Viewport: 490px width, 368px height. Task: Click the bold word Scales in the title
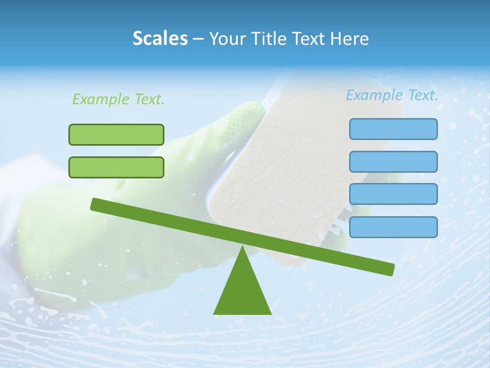160,38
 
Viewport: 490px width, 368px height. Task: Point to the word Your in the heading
227,39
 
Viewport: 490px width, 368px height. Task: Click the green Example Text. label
118,99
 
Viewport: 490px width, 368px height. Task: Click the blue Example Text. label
392,95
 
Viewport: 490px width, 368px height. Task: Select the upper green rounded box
116,134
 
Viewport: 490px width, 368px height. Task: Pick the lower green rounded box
116,167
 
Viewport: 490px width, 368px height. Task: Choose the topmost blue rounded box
393,129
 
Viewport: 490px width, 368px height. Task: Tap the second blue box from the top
393,162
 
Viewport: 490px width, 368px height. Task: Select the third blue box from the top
393,194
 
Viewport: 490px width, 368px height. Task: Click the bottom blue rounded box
393,227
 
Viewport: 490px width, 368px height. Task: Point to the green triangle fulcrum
242,291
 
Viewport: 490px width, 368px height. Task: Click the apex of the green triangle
242,247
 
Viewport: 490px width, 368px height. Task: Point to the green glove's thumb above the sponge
245,118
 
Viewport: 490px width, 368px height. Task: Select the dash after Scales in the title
199,39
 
